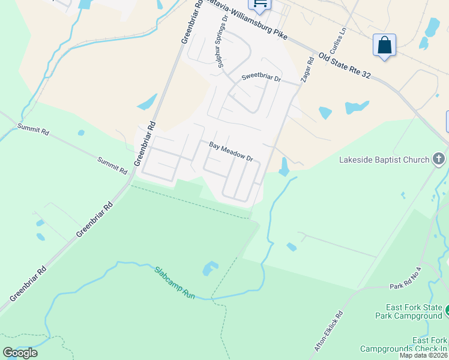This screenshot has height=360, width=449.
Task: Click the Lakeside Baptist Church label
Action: pyautogui.click(x=384, y=160)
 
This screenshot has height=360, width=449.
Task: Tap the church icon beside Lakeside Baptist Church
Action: pyautogui.click(x=439, y=159)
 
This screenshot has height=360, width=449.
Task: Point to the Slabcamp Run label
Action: pyautogui.click(x=175, y=283)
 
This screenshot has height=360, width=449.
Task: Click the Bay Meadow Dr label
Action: pyautogui.click(x=231, y=151)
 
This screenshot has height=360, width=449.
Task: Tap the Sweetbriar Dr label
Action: pyautogui.click(x=261, y=78)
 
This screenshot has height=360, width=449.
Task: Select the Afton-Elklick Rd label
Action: pyautogui.click(x=329, y=330)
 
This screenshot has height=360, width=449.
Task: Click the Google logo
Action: pyautogui.click(x=20, y=353)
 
